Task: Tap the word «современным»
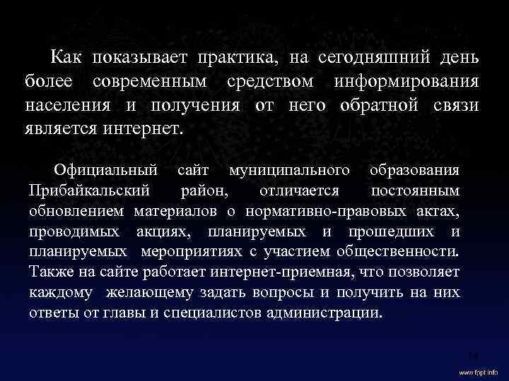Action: [151, 80]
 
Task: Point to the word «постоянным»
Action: [416, 190]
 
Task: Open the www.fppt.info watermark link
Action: [478, 371]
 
